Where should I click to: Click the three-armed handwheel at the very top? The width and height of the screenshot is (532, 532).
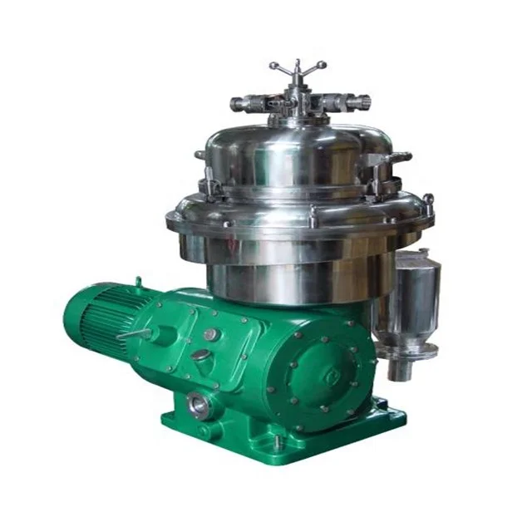298,67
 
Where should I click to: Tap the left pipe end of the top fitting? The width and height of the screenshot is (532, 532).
237,105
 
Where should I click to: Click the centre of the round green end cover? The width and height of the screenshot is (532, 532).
321,373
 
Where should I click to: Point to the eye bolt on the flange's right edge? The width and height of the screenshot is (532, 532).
427,201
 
